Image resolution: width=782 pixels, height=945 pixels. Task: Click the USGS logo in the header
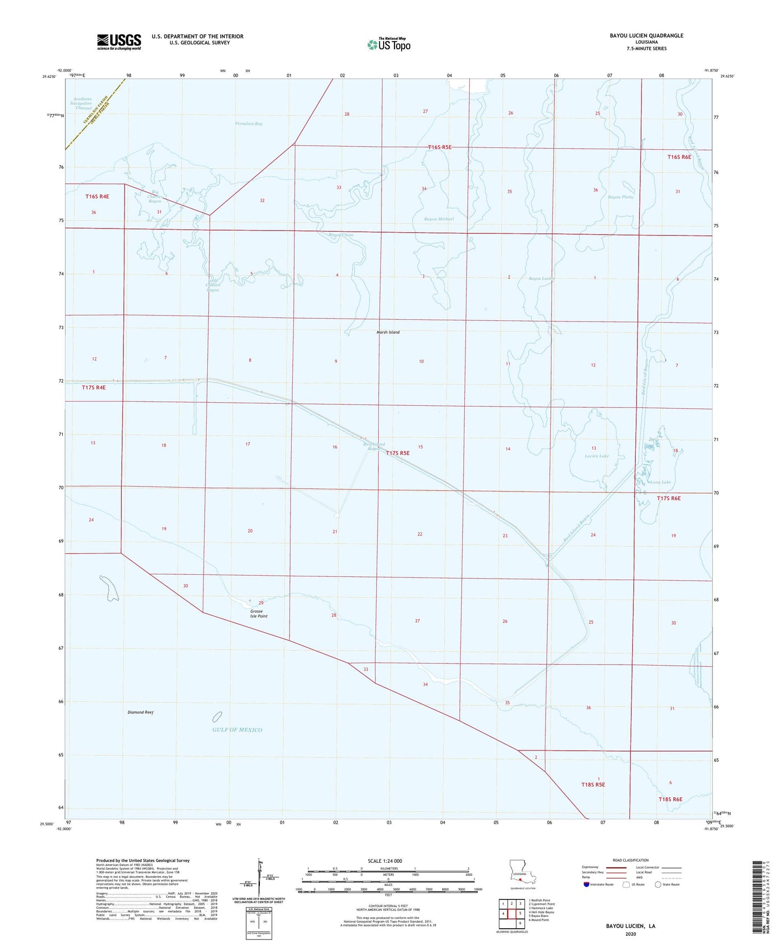point(119,41)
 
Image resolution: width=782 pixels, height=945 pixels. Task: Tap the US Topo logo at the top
point(389,44)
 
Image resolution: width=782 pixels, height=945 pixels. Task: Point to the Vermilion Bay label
point(248,124)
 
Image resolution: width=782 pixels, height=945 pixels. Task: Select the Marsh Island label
point(387,332)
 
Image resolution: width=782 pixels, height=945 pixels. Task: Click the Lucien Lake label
point(596,456)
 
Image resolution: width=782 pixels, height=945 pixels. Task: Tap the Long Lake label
point(660,482)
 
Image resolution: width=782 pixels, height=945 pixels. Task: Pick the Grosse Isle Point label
point(258,614)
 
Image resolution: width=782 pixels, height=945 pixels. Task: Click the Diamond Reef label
point(141,712)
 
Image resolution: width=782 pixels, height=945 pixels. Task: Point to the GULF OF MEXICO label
point(238,730)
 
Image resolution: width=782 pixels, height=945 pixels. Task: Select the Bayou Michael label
point(439,219)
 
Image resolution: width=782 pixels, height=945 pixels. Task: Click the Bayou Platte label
point(620,197)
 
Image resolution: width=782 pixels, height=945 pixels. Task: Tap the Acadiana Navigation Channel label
point(83,103)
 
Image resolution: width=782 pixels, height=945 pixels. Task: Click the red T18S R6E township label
point(670,799)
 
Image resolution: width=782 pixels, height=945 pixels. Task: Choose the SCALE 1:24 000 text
point(385,861)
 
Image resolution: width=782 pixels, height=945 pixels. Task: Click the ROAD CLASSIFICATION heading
point(630,860)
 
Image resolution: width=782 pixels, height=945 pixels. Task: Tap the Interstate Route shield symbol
point(587,884)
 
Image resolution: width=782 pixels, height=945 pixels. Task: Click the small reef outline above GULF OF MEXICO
point(217,717)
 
